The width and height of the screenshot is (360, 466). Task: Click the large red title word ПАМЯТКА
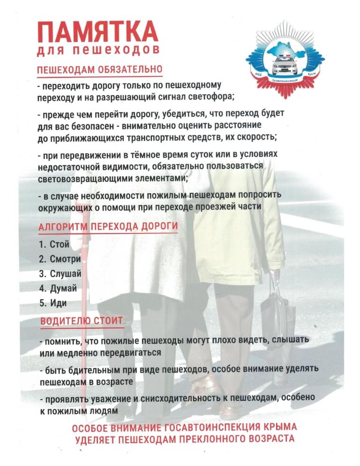pos(97,33)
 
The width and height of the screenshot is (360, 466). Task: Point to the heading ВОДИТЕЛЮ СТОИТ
pos(82,321)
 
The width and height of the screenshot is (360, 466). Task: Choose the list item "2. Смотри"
pos(60,259)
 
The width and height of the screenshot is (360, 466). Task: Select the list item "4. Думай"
pos(58,288)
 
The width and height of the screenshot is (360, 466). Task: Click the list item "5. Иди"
pos(52,303)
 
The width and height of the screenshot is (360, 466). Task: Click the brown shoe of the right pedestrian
pos(229,413)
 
